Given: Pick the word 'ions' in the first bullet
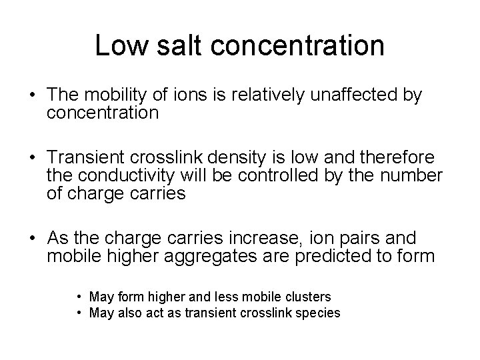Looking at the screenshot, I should tap(188, 96).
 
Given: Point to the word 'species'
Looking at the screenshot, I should tap(319, 313).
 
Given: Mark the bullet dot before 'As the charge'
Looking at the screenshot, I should tap(31, 238).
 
